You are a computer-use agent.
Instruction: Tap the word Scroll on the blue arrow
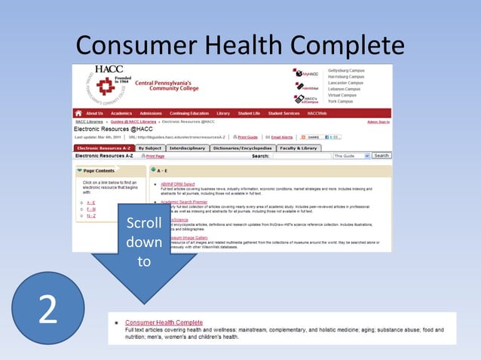(x=143, y=224)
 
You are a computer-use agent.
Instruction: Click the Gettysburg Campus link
(x=345, y=70)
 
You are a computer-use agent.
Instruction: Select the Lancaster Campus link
(x=345, y=83)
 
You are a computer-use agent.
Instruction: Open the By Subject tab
(x=150, y=148)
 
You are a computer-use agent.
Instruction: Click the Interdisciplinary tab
(x=188, y=148)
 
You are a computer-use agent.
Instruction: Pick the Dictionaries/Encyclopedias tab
(x=243, y=148)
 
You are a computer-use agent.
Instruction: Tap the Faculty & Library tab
(x=299, y=148)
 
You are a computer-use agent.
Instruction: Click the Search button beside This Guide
(x=381, y=156)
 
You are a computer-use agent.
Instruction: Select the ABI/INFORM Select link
(x=178, y=184)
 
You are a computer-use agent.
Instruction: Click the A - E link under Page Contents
(x=90, y=203)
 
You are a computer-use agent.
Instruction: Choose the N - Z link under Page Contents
(x=90, y=216)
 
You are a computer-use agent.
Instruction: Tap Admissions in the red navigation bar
(x=151, y=113)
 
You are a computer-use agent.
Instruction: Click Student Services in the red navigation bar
(x=283, y=113)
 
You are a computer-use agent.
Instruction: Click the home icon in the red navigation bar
(x=78, y=113)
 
